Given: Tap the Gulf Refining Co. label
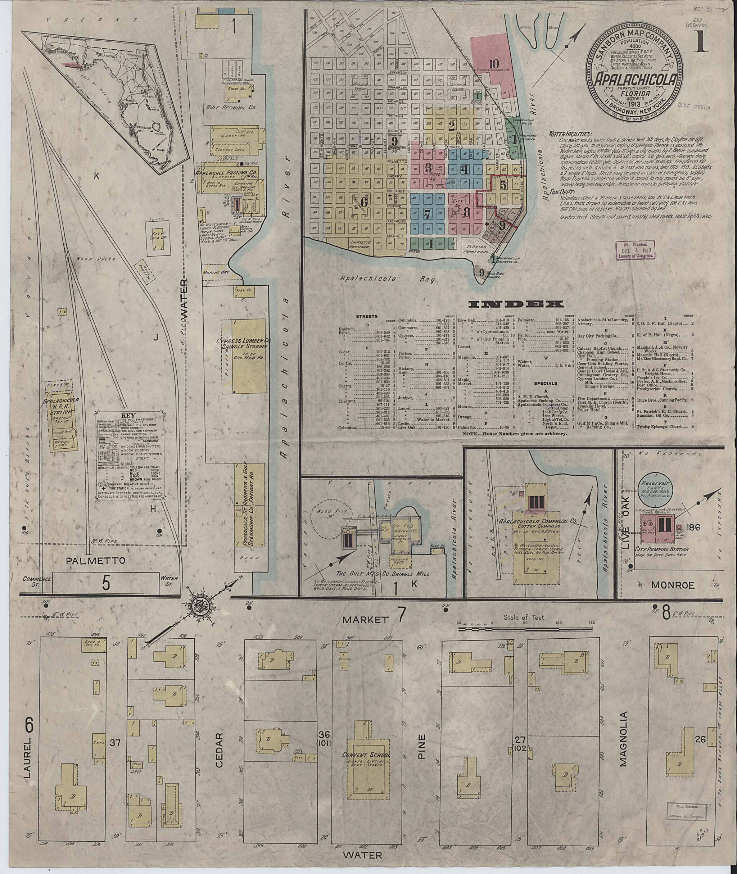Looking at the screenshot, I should click(x=231, y=107).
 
